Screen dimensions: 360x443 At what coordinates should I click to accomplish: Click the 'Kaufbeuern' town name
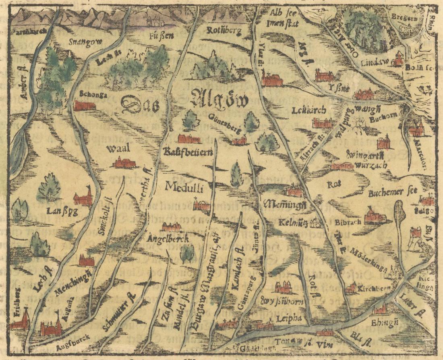point(188,153)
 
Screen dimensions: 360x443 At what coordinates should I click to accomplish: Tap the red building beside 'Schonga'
point(85,106)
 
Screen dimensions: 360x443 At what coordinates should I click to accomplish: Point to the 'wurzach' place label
point(365,165)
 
